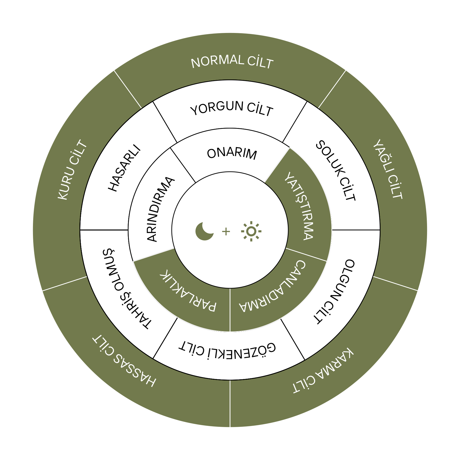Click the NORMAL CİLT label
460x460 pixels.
click(232, 62)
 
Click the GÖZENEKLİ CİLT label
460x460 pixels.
click(227, 350)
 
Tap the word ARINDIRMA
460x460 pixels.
click(160, 209)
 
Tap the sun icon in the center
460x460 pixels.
click(251, 231)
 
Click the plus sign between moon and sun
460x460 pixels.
click(226, 232)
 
